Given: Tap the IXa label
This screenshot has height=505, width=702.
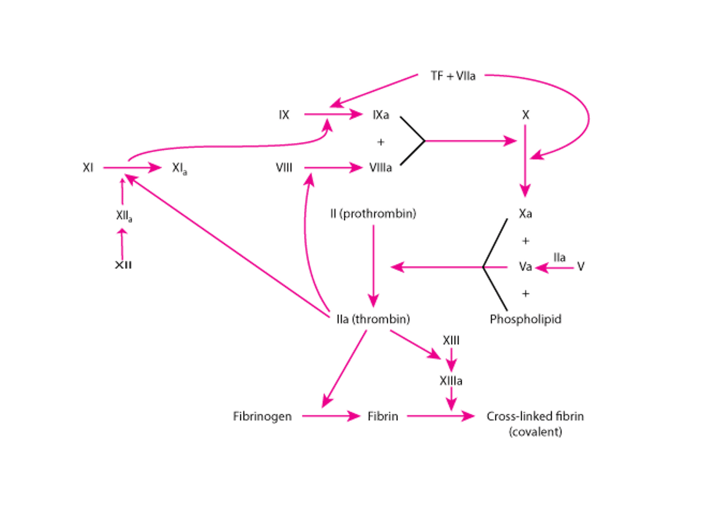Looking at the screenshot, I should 381,115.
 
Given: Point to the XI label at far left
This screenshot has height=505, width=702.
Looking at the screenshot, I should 89,168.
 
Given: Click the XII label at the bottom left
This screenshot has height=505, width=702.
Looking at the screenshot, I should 123,265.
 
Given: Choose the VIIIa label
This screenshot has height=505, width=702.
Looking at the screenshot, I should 381,168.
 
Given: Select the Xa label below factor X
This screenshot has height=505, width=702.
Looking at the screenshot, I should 525,214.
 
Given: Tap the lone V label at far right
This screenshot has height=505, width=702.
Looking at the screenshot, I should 580,266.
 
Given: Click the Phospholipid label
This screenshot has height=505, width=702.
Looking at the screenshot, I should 525,319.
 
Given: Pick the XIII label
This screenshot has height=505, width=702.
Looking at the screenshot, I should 450,340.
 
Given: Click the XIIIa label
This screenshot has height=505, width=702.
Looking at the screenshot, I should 450,381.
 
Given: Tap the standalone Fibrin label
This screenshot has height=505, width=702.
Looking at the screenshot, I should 383,417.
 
